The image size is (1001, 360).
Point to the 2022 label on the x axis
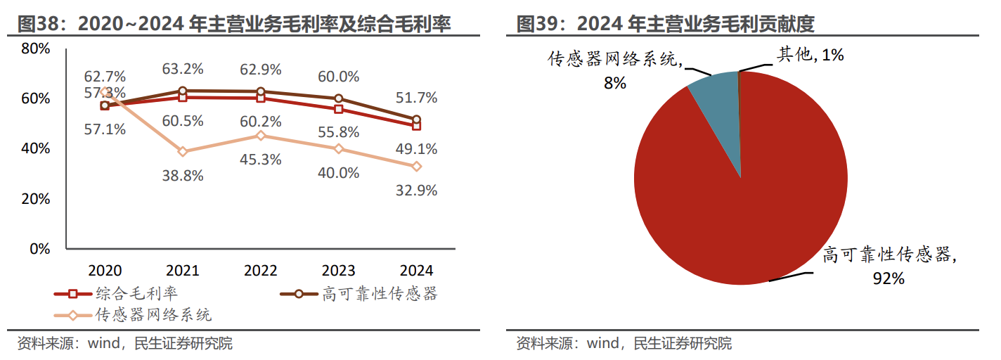(x=260, y=271)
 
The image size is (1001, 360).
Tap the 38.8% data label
(x=183, y=176)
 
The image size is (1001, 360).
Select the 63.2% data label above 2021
(x=183, y=69)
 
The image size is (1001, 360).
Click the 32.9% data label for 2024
(x=417, y=190)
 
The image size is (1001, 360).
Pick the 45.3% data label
(x=261, y=160)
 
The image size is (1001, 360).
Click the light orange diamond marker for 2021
(x=183, y=151)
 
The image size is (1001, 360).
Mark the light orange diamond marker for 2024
(x=417, y=167)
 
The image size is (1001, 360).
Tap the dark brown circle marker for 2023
(x=339, y=98)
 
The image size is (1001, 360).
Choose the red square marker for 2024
(x=417, y=126)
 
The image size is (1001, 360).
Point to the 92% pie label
(x=888, y=278)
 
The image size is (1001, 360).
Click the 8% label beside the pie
(x=614, y=83)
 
